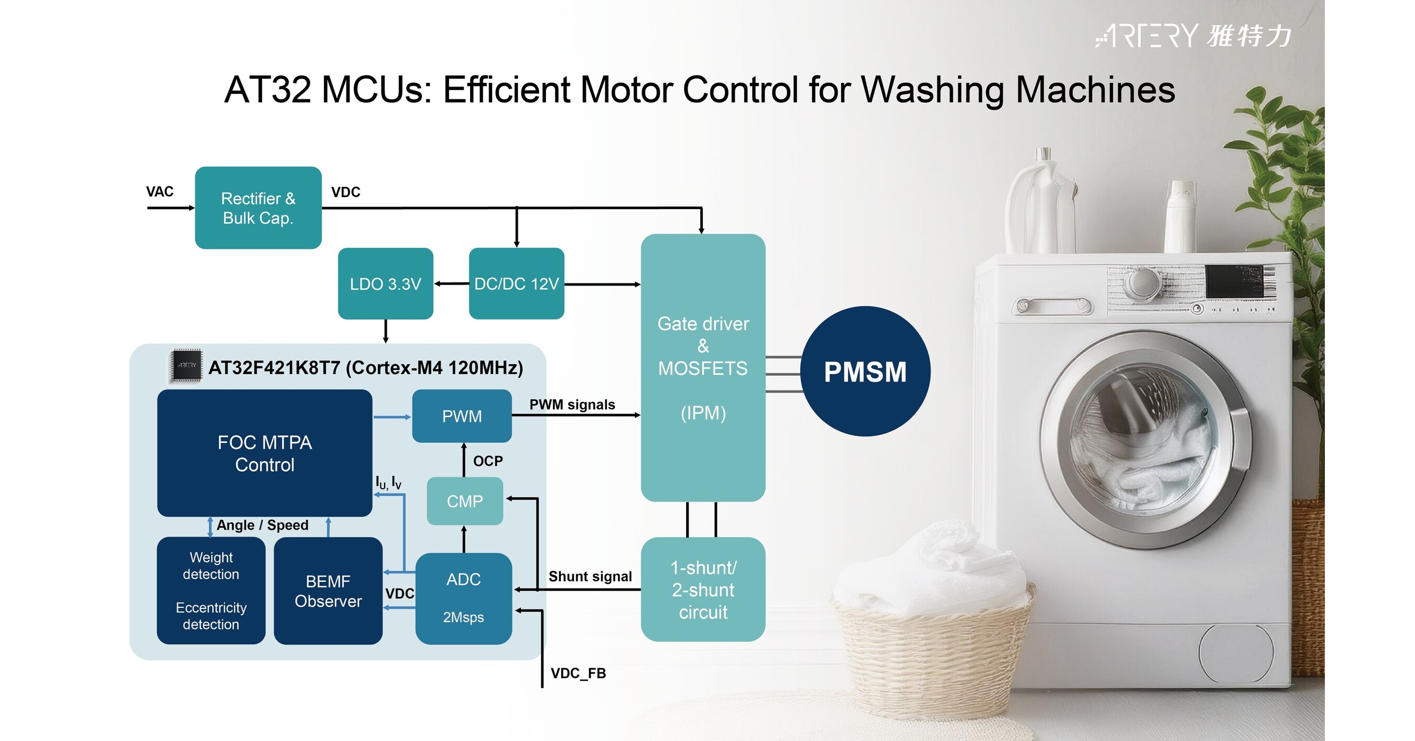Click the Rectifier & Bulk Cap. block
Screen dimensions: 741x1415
(258, 208)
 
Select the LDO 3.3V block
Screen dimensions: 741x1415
(385, 284)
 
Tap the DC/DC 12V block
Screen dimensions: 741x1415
(516, 284)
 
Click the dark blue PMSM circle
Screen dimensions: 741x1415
(865, 372)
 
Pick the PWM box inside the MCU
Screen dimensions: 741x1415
(462, 416)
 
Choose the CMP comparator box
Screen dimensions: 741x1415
(465, 501)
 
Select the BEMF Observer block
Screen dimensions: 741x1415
(328, 591)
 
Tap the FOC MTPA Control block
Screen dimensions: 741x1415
(264, 453)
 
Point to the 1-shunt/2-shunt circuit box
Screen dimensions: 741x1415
(703, 590)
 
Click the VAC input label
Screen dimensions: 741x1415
(160, 192)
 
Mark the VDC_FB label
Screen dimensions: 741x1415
(579, 673)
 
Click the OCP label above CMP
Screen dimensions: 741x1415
(488, 461)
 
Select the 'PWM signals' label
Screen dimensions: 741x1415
(572, 405)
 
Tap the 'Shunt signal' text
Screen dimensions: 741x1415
(590, 576)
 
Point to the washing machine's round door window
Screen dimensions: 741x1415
(1142, 440)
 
